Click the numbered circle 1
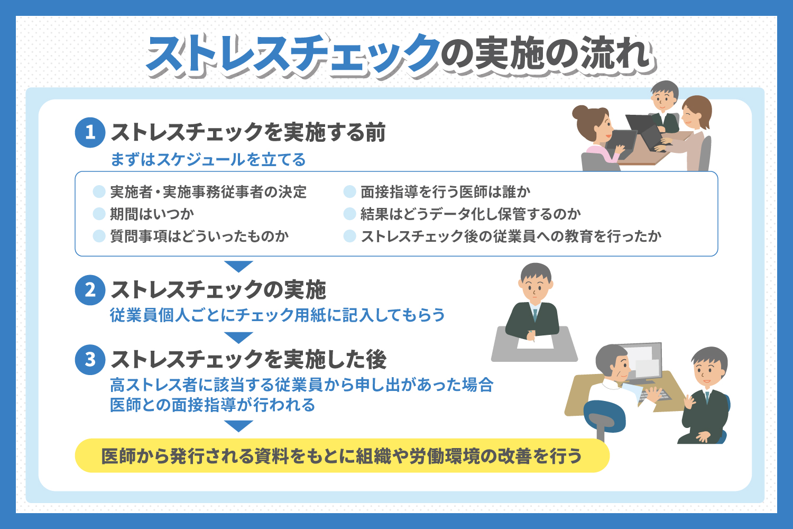(90, 133)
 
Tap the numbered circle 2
(90, 290)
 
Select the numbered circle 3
(90, 360)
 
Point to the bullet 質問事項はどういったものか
(199, 236)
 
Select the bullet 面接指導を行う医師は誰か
(445, 191)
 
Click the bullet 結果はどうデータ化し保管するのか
(471, 214)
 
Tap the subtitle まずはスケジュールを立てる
(208, 159)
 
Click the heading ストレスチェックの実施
(218, 290)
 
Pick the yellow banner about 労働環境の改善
(342, 455)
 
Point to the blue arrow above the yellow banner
(238, 426)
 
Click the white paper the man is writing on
(535, 341)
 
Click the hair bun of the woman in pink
(580, 113)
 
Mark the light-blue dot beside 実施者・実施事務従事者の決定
(99, 191)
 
